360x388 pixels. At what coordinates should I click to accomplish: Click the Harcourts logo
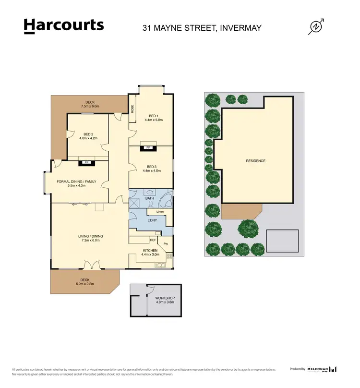[63, 26]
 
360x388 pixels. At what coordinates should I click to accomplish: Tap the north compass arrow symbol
[316, 27]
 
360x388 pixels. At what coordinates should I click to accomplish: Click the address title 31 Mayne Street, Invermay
[202, 27]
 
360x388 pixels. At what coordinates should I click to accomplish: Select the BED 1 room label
[153, 116]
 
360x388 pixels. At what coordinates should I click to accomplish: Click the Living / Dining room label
[91, 236]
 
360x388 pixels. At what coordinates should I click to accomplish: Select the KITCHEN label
[150, 250]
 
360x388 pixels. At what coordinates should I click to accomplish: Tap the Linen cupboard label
[160, 211]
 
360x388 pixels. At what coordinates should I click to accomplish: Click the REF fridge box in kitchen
[153, 240]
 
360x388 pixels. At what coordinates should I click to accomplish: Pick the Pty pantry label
[166, 243]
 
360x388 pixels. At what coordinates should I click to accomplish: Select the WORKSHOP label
[165, 298]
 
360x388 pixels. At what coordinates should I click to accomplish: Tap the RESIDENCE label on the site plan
[255, 161]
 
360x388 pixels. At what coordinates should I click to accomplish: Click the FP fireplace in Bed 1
[148, 147]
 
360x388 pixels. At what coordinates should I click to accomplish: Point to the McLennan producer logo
[322, 369]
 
